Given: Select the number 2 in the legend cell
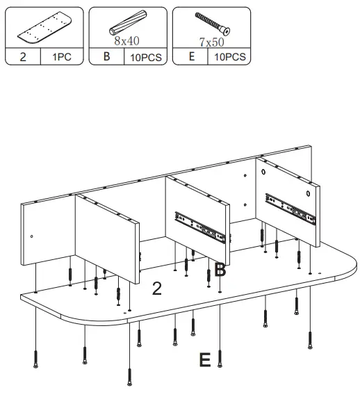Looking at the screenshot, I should click(x=23, y=58).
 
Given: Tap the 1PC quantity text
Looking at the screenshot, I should click(x=61, y=58).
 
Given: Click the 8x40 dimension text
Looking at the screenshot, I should click(x=128, y=41).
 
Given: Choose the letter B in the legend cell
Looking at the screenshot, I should click(x=106, y=57).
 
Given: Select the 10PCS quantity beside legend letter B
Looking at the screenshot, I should click(x=145, y=58).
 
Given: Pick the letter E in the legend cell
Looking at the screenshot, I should click(x=191, y=57).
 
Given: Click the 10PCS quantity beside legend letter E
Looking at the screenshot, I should click(x=229, y=58).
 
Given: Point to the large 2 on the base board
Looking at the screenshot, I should click(x=157, y=289).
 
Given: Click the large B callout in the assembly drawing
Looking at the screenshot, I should click(x=220, y=270).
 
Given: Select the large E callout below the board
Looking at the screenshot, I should click(x=204, y=360).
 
